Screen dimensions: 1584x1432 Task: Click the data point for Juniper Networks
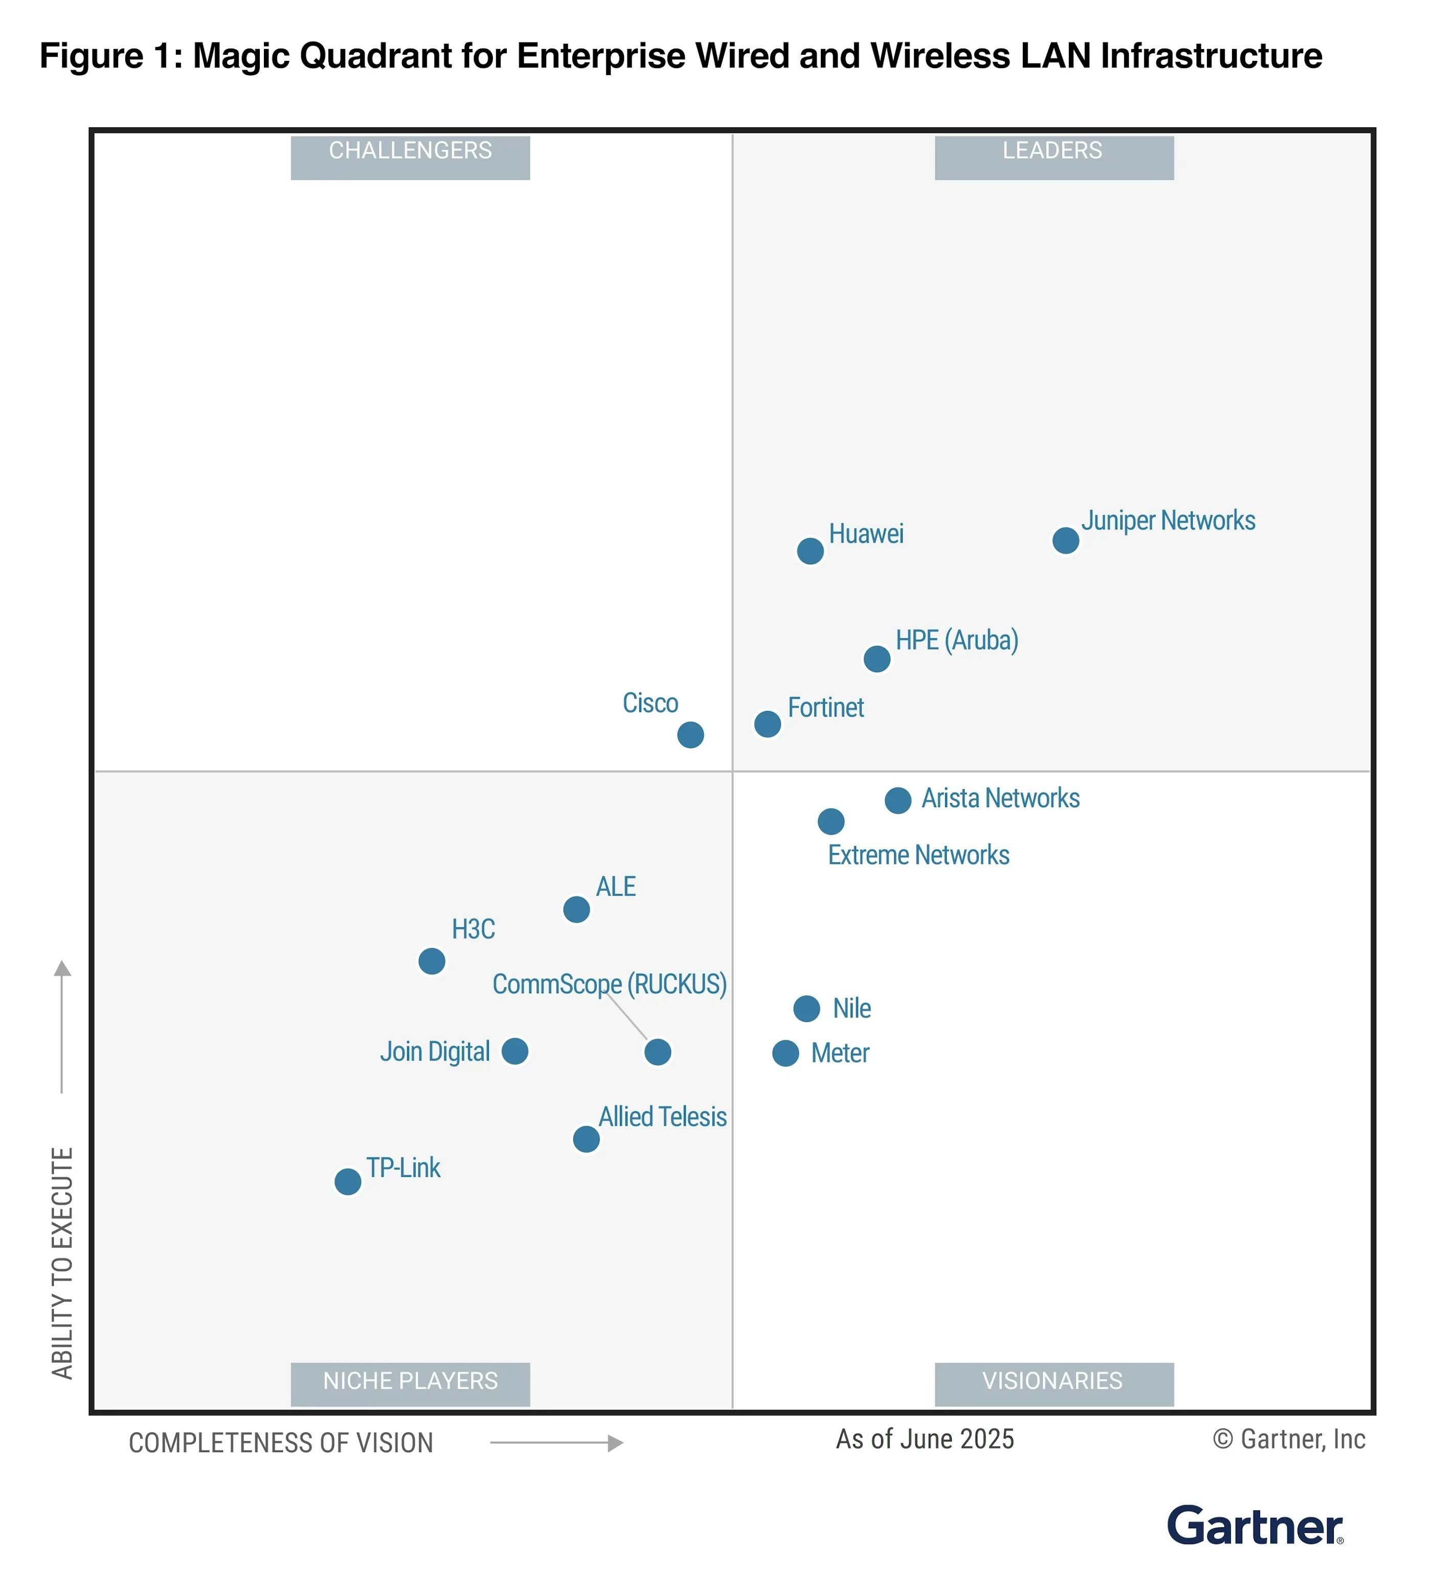tap(1065, 541)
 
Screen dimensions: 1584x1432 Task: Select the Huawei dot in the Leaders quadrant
tap(810, 551)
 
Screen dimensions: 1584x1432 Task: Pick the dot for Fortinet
tap(768, 724)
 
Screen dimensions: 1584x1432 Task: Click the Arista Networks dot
tap(898, 800)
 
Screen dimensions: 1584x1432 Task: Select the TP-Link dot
tap(348, 1181)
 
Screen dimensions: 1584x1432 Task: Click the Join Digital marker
tap(514, 1051)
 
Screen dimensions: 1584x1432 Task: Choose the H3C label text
tap(473, 929)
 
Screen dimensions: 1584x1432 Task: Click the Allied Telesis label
tap(662, 1117)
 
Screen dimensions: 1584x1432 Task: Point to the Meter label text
tap(840, 1054)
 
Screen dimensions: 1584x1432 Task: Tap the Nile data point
tap(807, 1009)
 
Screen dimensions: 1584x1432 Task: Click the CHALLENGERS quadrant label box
tap(410, 157)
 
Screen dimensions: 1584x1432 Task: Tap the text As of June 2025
tap(925, 1439)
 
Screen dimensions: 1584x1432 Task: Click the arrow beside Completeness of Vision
tap(556, 1442)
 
